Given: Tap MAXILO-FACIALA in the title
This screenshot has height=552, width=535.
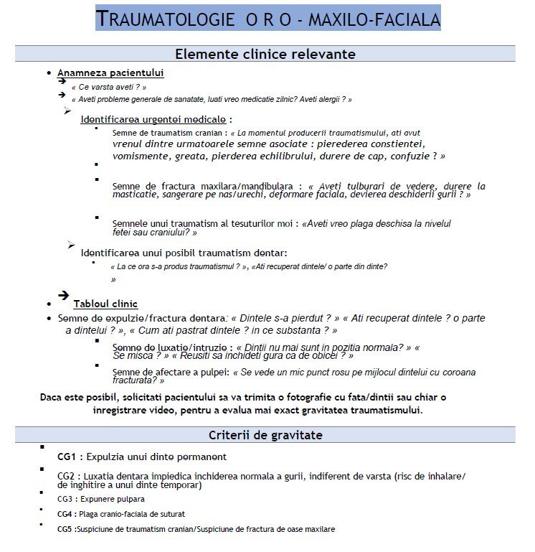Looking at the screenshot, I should pos(374,19).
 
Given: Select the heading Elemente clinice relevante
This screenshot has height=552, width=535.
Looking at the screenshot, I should pos(265,54).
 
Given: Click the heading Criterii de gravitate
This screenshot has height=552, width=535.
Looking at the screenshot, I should pos(265,435).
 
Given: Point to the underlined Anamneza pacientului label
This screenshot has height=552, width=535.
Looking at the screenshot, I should pos(110,73).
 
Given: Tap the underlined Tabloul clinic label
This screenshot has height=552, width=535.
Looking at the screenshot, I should pos(105,304).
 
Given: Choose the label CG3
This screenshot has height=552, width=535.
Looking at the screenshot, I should pos(66,498).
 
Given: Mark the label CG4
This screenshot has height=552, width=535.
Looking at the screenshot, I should pos(66,514).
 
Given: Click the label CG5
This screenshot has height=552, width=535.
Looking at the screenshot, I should pos(66,530).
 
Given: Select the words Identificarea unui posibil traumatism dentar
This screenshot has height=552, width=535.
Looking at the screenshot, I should pos(184,253).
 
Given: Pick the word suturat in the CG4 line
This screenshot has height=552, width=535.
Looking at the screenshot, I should pos(172,514).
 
